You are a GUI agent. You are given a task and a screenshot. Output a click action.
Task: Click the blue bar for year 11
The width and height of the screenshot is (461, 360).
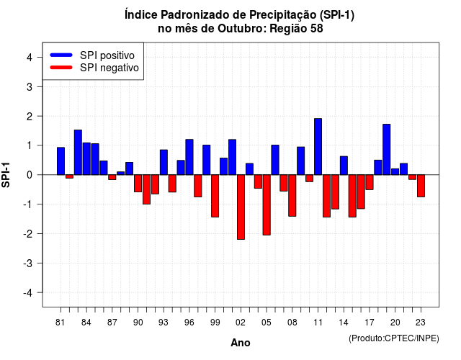tap(318, 147)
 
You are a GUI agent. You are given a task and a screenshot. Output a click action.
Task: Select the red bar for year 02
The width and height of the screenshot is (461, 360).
tap(241, 207)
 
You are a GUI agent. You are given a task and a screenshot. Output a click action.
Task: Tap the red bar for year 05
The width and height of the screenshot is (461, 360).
tap(267, 204)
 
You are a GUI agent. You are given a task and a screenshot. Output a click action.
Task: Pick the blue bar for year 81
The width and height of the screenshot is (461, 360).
tap(61, 161)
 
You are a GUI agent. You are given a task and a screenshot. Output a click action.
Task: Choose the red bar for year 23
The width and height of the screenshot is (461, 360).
tap(421, 186)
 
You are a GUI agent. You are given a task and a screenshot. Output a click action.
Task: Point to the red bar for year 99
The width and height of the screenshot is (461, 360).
tap(215, 196)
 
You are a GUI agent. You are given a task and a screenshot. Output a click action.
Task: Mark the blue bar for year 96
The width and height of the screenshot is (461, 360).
tap(189, 157)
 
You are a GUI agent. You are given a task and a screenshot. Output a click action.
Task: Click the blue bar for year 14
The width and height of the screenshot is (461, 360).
tap(344, 166)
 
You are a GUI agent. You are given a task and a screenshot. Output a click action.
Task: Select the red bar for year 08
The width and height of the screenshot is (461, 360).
tap(292, 195)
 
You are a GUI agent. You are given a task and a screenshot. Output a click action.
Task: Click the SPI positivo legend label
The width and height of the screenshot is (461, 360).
tap(107, 55)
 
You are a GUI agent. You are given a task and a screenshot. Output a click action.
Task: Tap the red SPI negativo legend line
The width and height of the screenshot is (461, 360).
tap(61, 68)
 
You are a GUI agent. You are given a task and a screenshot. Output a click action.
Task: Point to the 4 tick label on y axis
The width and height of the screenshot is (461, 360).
tap(30, 58)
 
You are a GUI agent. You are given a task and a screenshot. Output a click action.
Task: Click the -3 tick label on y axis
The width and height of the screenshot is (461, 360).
tap(27, 263)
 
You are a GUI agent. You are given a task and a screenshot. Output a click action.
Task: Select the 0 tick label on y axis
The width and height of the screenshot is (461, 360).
tap(30, 175)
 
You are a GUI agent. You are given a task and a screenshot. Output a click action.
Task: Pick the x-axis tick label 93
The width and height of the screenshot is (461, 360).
tap(164, 323)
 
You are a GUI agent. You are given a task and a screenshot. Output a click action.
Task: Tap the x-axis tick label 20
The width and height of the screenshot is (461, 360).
tap(395, 323)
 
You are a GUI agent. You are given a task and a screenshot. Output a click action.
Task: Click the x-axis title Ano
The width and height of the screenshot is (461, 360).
tap(241, 343)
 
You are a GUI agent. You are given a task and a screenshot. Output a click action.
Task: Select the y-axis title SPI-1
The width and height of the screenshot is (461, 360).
tap(6, 175)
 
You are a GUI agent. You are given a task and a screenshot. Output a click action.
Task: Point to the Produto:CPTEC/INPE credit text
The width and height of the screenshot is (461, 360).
tap(394, 338)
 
